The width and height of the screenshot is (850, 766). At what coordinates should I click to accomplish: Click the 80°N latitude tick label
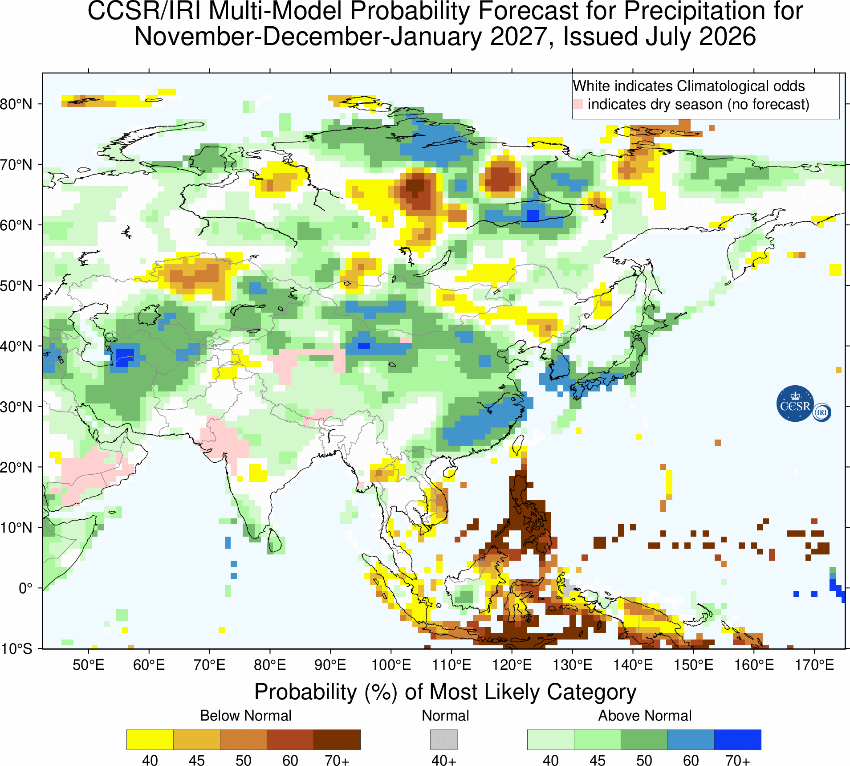pos(16,104)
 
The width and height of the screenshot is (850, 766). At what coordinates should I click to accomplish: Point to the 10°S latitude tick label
pos(16,648)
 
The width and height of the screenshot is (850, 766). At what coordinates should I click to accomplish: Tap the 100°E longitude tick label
pos(391,665)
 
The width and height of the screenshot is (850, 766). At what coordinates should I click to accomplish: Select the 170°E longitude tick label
pos(814,665)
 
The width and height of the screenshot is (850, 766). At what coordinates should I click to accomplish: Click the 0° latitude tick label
pos(25,588)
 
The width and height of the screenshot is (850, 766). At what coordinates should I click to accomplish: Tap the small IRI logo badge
pos(822,412)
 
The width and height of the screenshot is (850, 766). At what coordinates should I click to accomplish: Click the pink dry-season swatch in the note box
pos(578,104)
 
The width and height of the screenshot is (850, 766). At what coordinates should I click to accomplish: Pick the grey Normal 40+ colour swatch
pos(443,740)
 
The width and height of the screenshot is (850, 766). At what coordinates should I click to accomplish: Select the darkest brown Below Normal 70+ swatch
pos(337,740)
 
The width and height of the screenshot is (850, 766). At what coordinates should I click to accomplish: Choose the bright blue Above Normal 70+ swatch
pos(738,740)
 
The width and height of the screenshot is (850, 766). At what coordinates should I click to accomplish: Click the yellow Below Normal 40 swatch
pos(150,740)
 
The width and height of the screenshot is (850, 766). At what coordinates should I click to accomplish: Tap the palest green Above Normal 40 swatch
pos(551,740)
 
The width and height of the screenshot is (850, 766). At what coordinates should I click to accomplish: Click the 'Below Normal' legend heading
pos(246,715)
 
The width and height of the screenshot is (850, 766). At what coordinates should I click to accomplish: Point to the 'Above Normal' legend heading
pos(645,715)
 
